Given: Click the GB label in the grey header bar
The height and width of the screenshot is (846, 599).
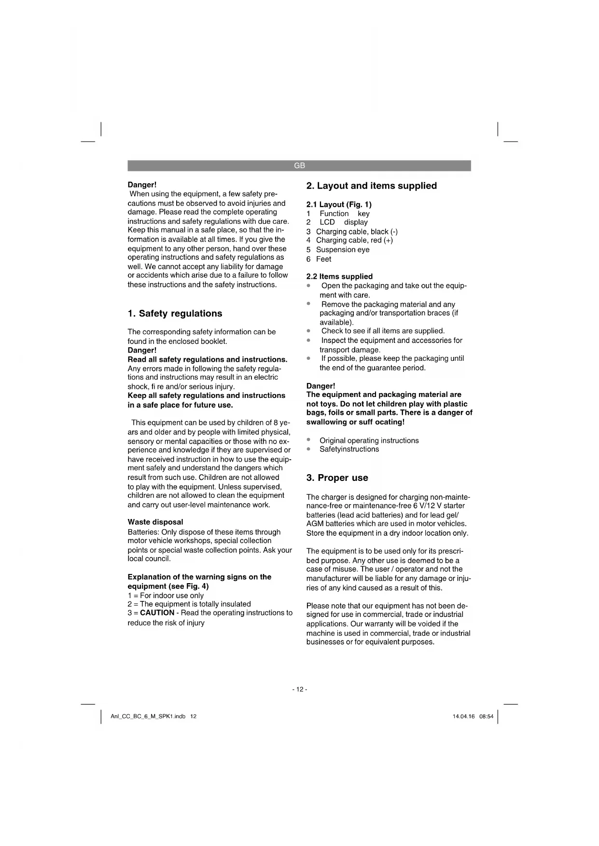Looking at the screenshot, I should pos(299,165).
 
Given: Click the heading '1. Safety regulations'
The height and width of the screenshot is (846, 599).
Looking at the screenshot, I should pos(175,314).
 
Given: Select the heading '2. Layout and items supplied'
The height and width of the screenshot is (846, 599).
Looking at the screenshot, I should pos(372,186).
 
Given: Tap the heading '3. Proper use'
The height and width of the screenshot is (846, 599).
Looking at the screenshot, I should pos(337,478).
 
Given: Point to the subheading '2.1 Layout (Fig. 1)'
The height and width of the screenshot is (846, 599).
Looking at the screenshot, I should pos(339,205).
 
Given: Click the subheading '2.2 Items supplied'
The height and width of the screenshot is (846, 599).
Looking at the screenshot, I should pos(339,276).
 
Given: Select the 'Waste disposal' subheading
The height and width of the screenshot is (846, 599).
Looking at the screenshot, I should pos(155,522).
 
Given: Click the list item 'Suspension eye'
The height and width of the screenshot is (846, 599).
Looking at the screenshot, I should pos(343,249).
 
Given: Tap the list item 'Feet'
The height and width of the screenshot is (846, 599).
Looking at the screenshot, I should pos(323,259).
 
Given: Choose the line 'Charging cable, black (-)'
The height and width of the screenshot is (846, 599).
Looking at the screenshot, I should pos(357,232).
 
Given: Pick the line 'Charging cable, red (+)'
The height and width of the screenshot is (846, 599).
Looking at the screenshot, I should pos(354,240).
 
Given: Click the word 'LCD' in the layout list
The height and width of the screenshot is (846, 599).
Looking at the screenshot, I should pos(327,222).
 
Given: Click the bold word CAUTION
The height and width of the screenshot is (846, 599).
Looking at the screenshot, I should pos(157,613).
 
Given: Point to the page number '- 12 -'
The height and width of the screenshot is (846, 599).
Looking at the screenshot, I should pos(299,689).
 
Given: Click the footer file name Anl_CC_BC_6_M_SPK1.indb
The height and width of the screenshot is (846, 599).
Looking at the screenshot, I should pos(148,716).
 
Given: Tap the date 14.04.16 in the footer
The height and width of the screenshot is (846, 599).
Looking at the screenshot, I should pos(463,716).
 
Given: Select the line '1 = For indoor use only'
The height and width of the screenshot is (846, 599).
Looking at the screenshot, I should pos(166,595).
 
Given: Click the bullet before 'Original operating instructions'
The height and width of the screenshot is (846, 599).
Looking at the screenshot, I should pos(308,440).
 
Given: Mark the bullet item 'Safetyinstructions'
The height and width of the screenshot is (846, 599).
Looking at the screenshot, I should pos(349,449).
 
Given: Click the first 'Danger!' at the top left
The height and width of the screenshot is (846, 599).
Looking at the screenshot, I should pos(142,185).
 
